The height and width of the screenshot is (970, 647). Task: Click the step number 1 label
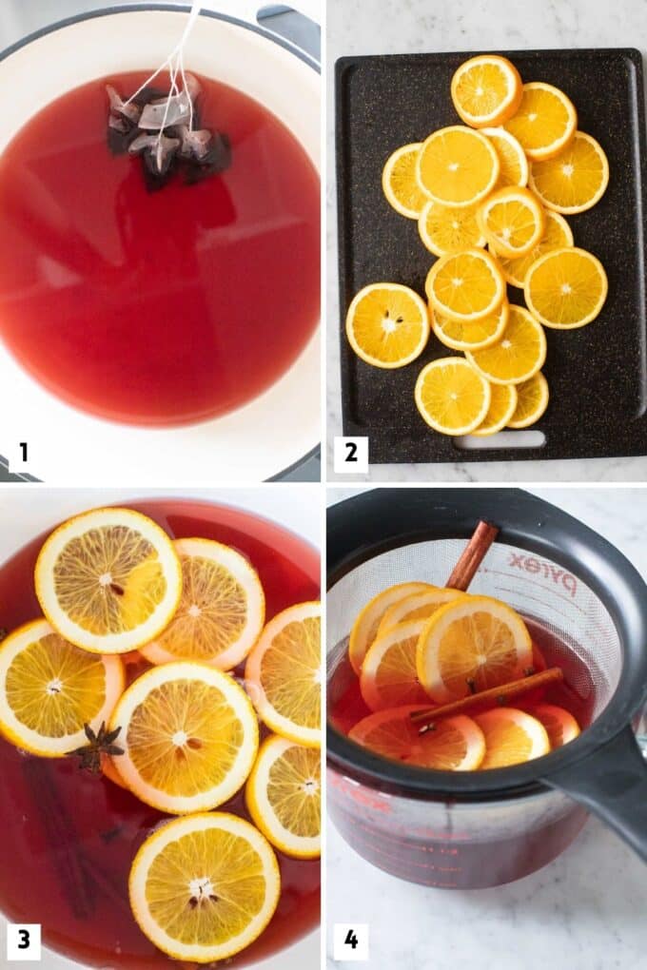pyautogui.click(x=23, y=453)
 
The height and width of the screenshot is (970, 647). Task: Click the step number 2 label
pyautogui.click(x=350, y=453)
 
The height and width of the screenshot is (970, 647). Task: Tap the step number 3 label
pyautogui.click(x=23, y=941)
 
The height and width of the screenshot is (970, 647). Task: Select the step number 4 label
pyautogui.click(x=350, y=941)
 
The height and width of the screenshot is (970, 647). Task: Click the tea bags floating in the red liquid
pyautogui.click(x=167, y=138)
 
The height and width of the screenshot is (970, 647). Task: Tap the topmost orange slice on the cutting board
pyautogui.click(x=485, y=90)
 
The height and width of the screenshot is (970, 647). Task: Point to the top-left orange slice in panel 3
pyautogui.click(x=108, y=579)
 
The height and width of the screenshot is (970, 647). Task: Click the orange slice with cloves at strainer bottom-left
pyautogui.click(x=419, y=739)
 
